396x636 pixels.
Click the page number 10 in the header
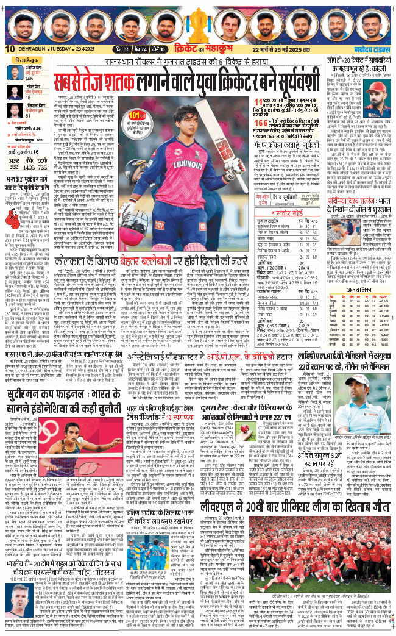click(9, 49)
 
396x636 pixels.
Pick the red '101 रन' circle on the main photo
click(138, 114)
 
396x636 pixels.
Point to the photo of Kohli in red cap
click(378, 97)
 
